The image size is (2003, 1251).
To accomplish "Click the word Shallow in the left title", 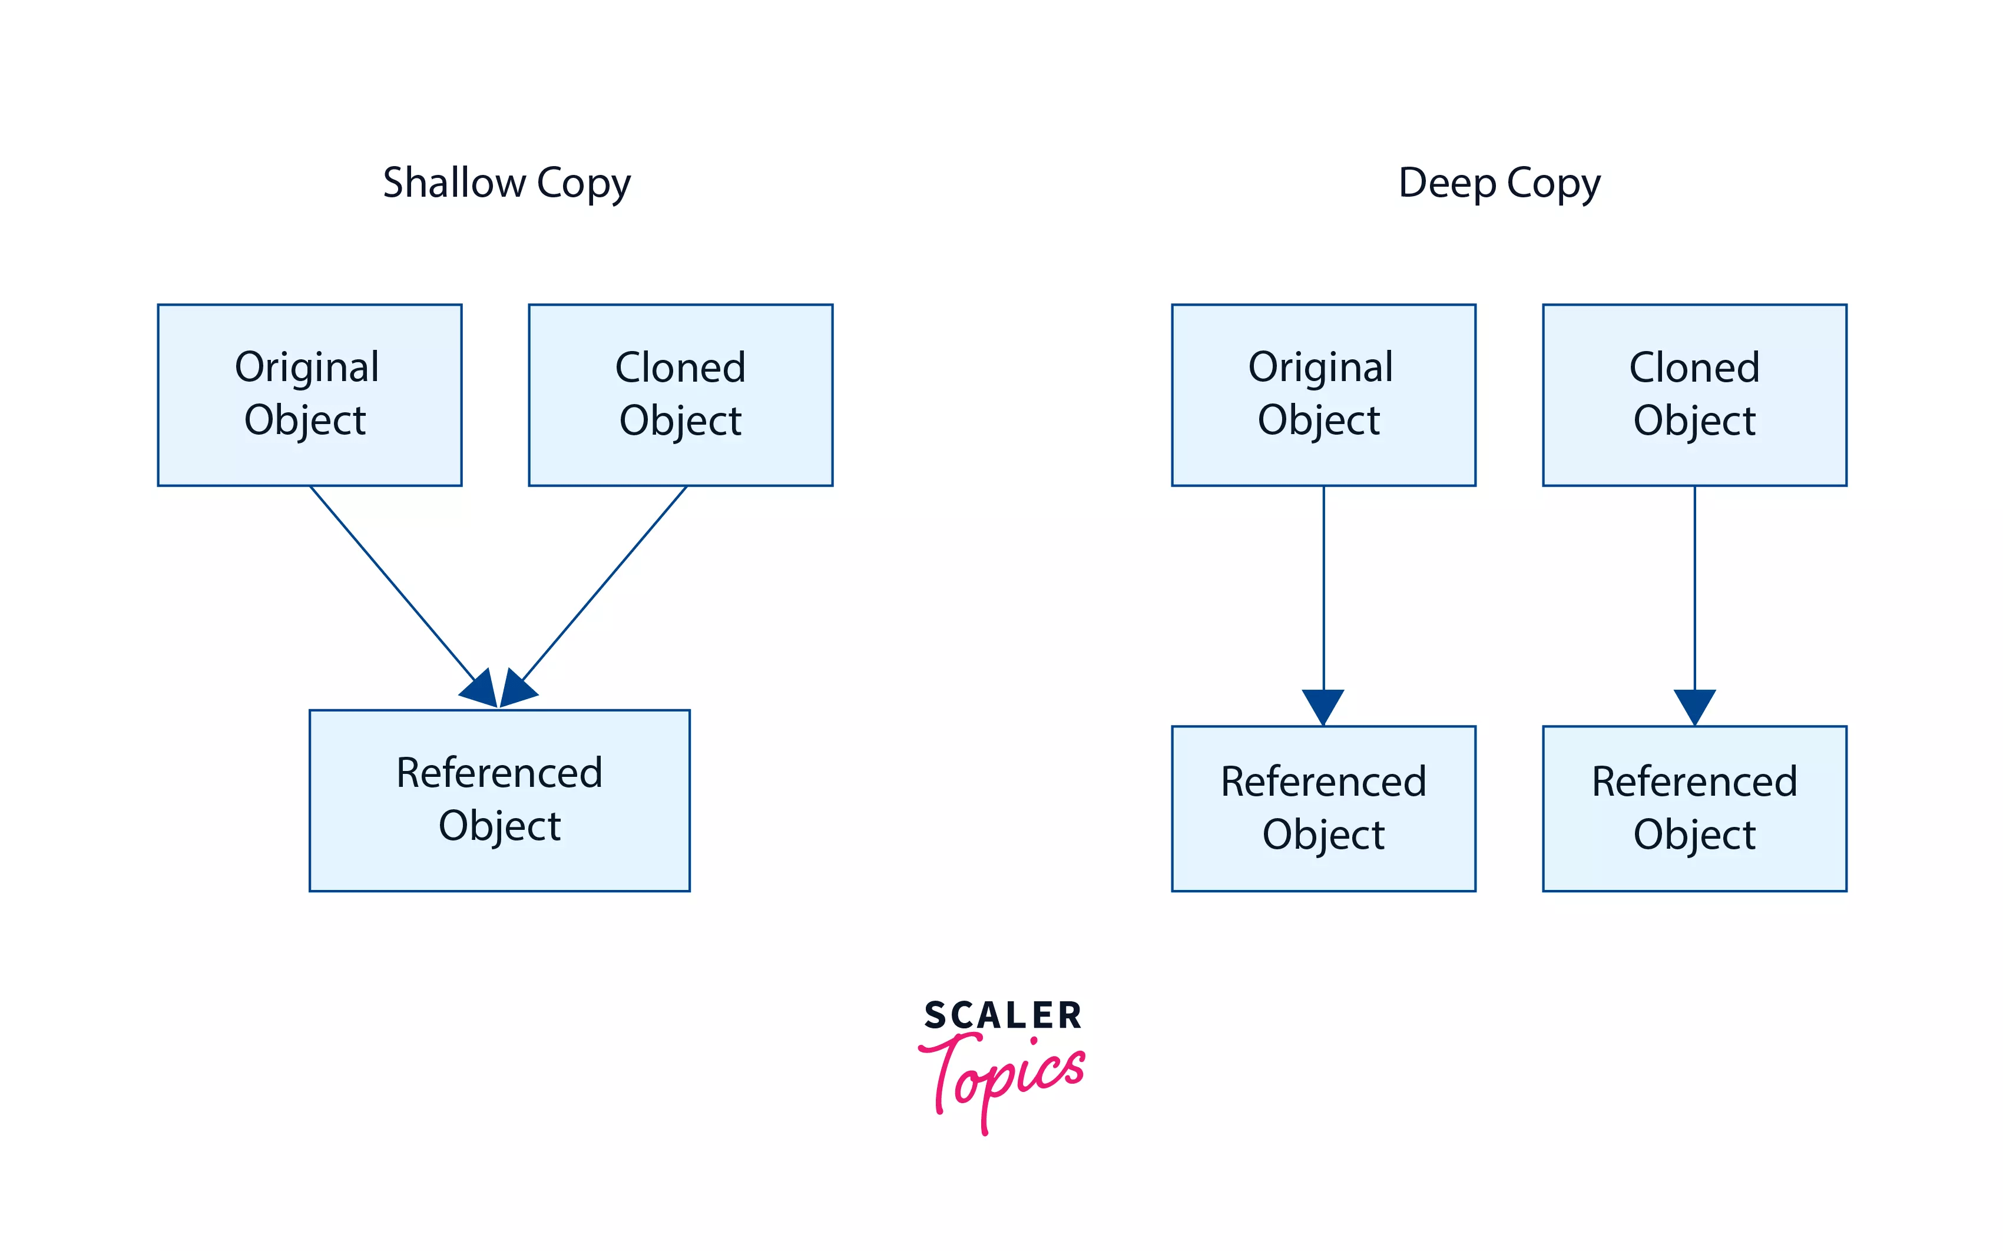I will pos(453,183).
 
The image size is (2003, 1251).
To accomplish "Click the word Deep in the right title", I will pos(1446,183).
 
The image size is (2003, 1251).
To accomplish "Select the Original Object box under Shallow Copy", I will pos(309,395).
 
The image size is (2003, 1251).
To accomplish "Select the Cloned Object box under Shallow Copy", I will pos(680,395).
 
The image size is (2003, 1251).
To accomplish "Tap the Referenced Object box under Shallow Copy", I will pos(499,800).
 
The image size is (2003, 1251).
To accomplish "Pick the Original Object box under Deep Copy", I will pos(1323,395).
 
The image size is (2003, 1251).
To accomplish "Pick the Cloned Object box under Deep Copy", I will pos(1694,395).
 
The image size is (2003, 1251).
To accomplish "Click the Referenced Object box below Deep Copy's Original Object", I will pos(1323,808).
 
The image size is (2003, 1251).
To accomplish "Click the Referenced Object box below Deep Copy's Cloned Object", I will pos(1694,808).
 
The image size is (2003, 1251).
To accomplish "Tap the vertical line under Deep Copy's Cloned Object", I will pos(1694,587).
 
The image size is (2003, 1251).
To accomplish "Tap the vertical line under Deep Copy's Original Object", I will pos(1323,587).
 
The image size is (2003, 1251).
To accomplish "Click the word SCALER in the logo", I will pos(1002,1016).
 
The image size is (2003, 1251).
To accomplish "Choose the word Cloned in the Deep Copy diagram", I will pos(1694,368).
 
